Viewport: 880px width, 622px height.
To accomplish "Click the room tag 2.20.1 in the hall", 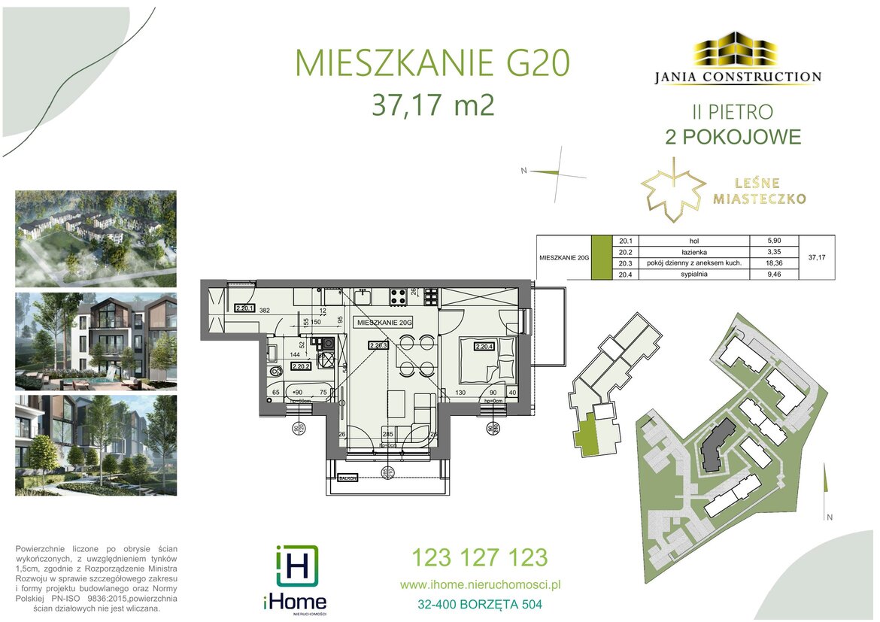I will (244, 307).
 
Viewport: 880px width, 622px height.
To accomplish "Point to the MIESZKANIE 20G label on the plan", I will (385, 321).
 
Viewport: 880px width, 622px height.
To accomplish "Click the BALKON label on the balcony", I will (347, 477).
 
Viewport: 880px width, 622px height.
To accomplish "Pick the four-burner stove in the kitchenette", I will (398, 296).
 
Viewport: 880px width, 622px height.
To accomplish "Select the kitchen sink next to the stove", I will (363, 296).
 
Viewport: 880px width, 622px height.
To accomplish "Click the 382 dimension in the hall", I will (264, 309).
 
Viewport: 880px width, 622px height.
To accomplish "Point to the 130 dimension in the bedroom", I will (460, 392).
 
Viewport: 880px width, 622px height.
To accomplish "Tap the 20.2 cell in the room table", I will (624, 252).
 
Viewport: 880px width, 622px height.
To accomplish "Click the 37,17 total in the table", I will (815, 257).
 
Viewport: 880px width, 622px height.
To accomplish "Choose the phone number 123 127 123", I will (479, 557).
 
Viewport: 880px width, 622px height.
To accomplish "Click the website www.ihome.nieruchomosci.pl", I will (480, 584).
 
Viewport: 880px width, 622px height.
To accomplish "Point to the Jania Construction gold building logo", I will (734, 50).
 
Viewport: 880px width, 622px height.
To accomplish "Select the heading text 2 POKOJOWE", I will (733, 137).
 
